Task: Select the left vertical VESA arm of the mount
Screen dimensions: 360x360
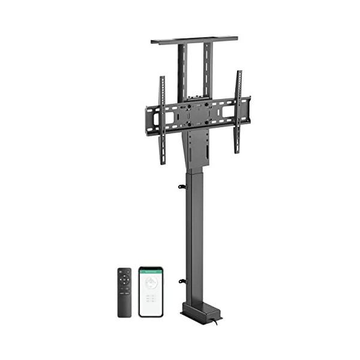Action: pos(161,120)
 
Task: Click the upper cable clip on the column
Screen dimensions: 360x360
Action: pos(181,187)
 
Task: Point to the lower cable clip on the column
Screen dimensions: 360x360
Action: pos(181,281)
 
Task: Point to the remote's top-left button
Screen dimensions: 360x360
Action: pos(120,271)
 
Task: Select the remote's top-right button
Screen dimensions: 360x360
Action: pos(128,271)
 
